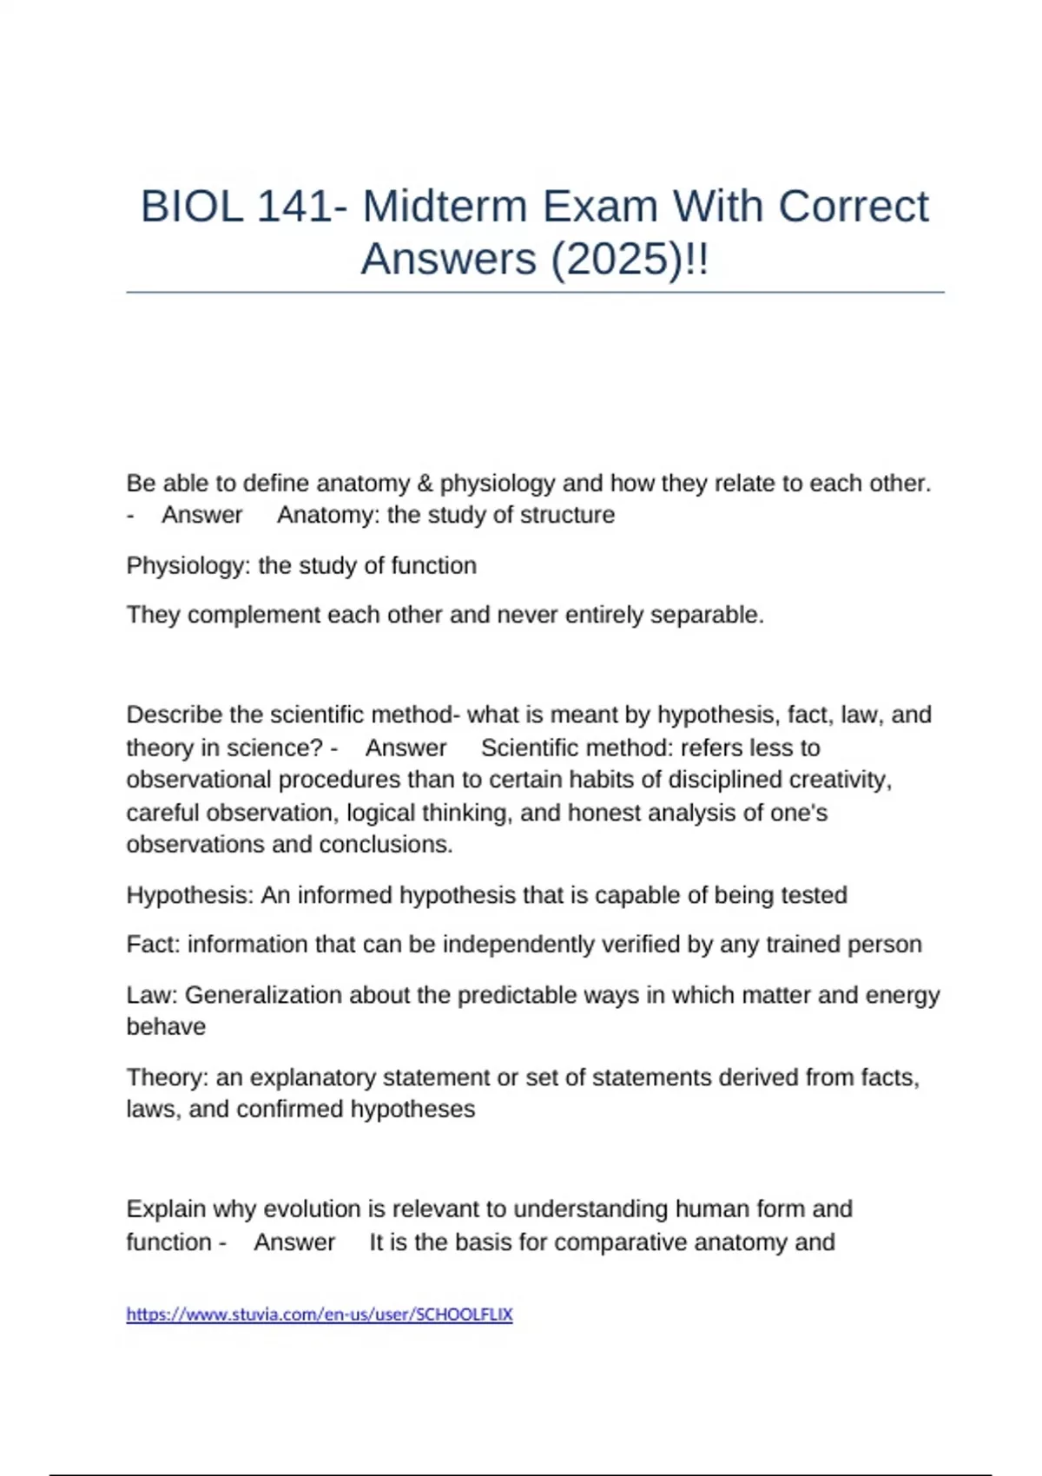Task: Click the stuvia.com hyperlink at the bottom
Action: click(x=320, y=1315)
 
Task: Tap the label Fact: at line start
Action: click(x=153, y=944)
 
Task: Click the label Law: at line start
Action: click(x=152, y=994)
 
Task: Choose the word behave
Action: click(x=166, y=1026)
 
